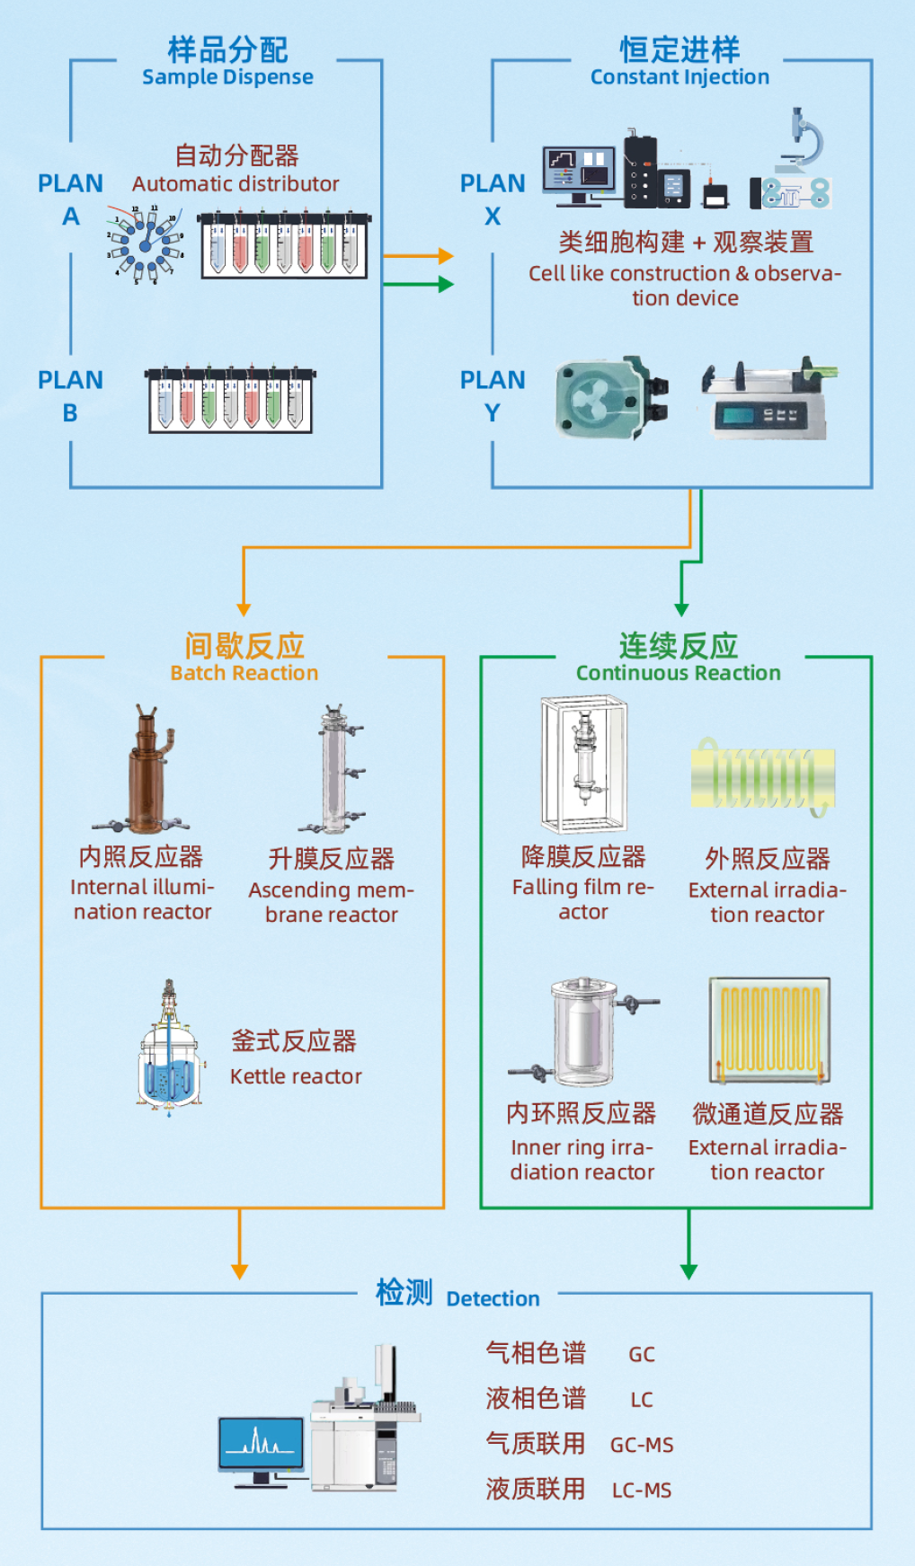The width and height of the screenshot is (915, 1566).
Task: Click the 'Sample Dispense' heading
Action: [x=227, y=77]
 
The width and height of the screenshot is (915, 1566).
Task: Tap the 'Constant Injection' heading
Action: [x=680, y=77]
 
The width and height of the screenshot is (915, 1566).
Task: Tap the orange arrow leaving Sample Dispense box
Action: [x=419, y=256]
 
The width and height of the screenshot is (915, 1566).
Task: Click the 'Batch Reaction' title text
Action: [x=244, y=673]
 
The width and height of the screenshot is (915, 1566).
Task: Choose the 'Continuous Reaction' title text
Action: [x=678, y=673]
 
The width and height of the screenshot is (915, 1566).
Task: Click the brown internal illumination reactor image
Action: [x=145, y=773]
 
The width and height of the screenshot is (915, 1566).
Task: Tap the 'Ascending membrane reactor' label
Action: [x=331, y=902]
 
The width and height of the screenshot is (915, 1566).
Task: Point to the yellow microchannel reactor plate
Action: [x=769, y=1030]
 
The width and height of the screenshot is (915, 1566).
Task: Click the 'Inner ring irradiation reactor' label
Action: [x=582, y=1159]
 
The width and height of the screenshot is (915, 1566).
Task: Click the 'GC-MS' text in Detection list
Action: [x=642, y=1445]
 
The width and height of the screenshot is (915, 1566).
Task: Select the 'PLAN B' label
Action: [x=70, y=396]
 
